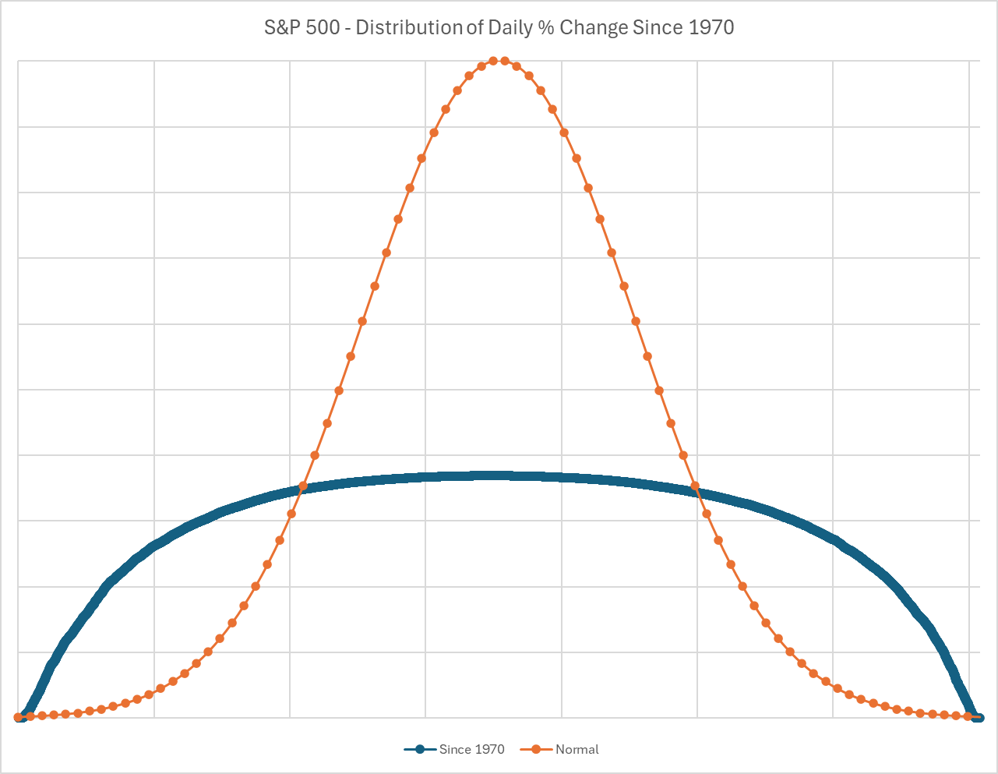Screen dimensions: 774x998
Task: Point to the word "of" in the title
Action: tap(474, 28)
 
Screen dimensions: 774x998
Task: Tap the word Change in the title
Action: tap(593, 28)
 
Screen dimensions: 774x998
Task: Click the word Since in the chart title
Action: tap(658, 28)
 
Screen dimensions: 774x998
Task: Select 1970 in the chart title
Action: tap(711, 28)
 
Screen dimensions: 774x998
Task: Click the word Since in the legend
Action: tap(455, 750)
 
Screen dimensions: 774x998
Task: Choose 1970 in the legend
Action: tap(490, 750)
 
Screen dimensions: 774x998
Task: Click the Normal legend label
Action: tap(577, 750)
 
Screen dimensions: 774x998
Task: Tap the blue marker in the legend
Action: tap(421, 750)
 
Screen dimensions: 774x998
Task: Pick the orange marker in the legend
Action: tap(536, 750)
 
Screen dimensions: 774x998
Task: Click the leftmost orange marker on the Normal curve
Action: tap(19, 717)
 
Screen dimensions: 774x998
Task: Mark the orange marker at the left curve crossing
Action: tap(303, 486)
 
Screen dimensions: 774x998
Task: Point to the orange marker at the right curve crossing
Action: tap(695, 486)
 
